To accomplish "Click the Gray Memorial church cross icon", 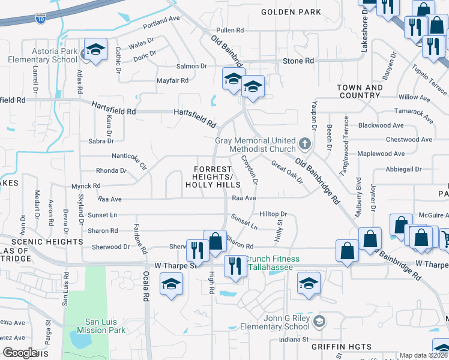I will click(x=305, y=145).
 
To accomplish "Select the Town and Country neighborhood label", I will click(x=360, y=92).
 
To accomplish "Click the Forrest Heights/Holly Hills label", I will click(x=212, y=176).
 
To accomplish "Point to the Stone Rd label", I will click(x=298, y=61).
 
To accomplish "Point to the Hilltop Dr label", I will click(x=274, y=214).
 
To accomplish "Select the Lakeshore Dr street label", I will click(x=364, y=33).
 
